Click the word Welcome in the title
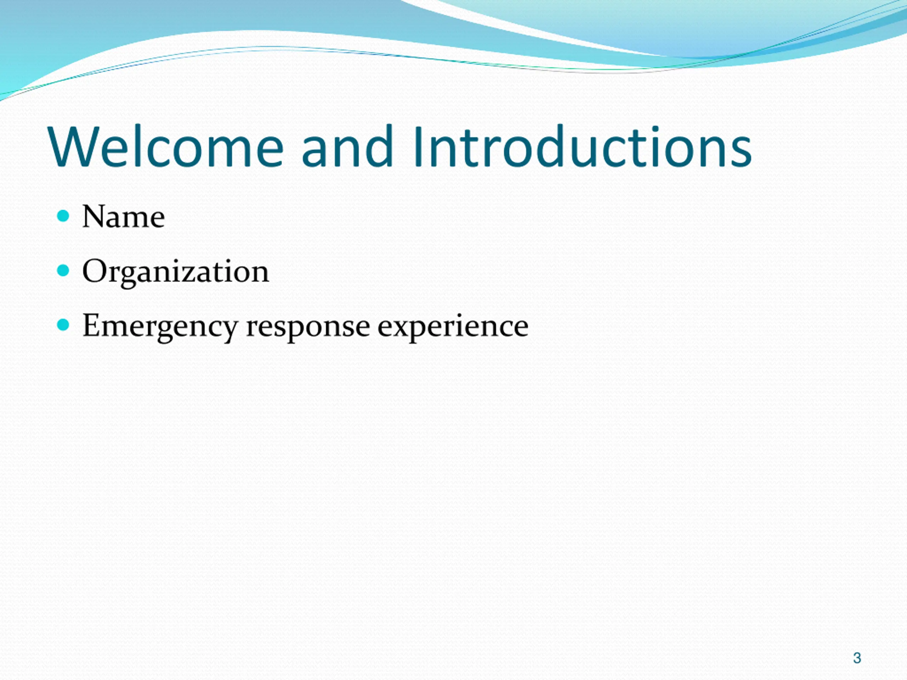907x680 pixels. pyautogui.click(x=166, y=146)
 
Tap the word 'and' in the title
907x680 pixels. pyautogui.click(x=348, y=146)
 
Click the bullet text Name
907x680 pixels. pyautogui.click(x=123, y=216)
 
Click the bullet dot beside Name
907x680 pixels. pyautogui.click(x=63, y=216)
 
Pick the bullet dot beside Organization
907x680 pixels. pyautogui.click(x=63, y=270)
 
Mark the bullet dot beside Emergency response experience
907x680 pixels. pyautogui.click(x=63, y=325)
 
